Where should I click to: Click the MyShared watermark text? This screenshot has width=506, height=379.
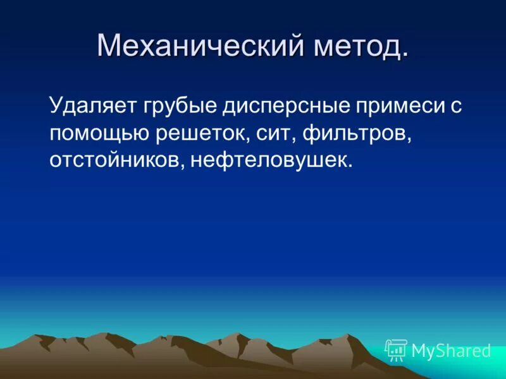(451, 351)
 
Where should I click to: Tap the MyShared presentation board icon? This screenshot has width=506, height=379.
(396, 350)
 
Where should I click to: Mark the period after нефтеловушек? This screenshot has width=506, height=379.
(349, 167)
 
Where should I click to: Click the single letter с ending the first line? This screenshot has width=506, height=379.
(455, 105)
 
